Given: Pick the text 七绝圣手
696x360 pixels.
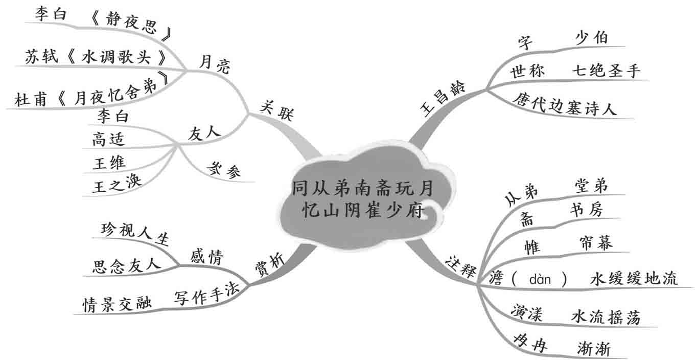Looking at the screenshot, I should (x=606, y=71).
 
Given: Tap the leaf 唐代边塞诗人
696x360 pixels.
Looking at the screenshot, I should (x=565, y=104).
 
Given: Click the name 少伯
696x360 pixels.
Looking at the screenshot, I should (x=592, y=39).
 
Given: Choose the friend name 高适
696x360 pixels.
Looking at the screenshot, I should (x=108, y=139).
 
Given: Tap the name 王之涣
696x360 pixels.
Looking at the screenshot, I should (x=117, y=184).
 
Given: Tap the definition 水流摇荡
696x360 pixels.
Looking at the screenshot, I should (x=605, y=317).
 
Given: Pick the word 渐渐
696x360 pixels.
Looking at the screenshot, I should (x=593, y=349).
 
